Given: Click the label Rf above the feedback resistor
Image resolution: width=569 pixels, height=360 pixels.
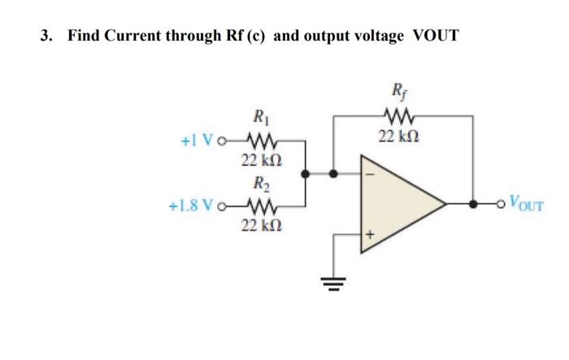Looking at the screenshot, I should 400,92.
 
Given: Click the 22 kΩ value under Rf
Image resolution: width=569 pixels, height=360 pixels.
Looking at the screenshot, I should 402,135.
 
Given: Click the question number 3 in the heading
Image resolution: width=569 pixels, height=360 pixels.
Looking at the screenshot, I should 46,36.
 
